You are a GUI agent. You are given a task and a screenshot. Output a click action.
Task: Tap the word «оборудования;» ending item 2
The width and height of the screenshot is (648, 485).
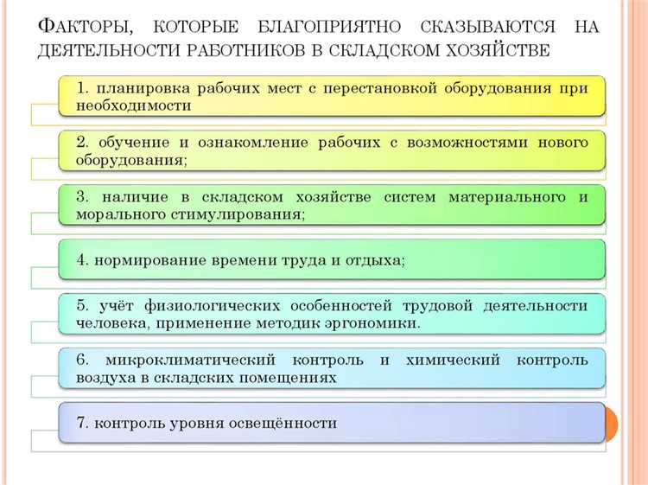point(131,160)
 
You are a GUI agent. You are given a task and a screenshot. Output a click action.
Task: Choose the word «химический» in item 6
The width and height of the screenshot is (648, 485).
point(446,359)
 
